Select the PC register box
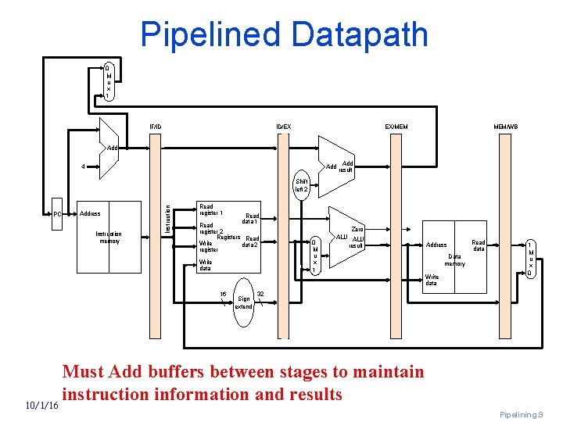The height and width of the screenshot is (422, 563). (57, 214)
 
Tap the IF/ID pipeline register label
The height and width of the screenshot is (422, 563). (156, 127)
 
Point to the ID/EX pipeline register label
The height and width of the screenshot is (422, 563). (283, 127)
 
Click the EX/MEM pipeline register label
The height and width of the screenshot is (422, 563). (396, 127)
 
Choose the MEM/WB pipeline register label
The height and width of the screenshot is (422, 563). (505, 127)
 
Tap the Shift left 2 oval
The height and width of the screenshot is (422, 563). (302, 185)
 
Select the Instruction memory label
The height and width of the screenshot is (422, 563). (109, 237)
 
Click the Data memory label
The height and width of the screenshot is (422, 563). (454, 260)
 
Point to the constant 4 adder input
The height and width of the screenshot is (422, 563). (84, 166)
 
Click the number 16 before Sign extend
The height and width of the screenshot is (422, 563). (223, 294)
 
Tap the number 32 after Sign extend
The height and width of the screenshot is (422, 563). (260, 294)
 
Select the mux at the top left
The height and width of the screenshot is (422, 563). (108, 81)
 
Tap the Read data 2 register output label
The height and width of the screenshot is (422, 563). (250, 241)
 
